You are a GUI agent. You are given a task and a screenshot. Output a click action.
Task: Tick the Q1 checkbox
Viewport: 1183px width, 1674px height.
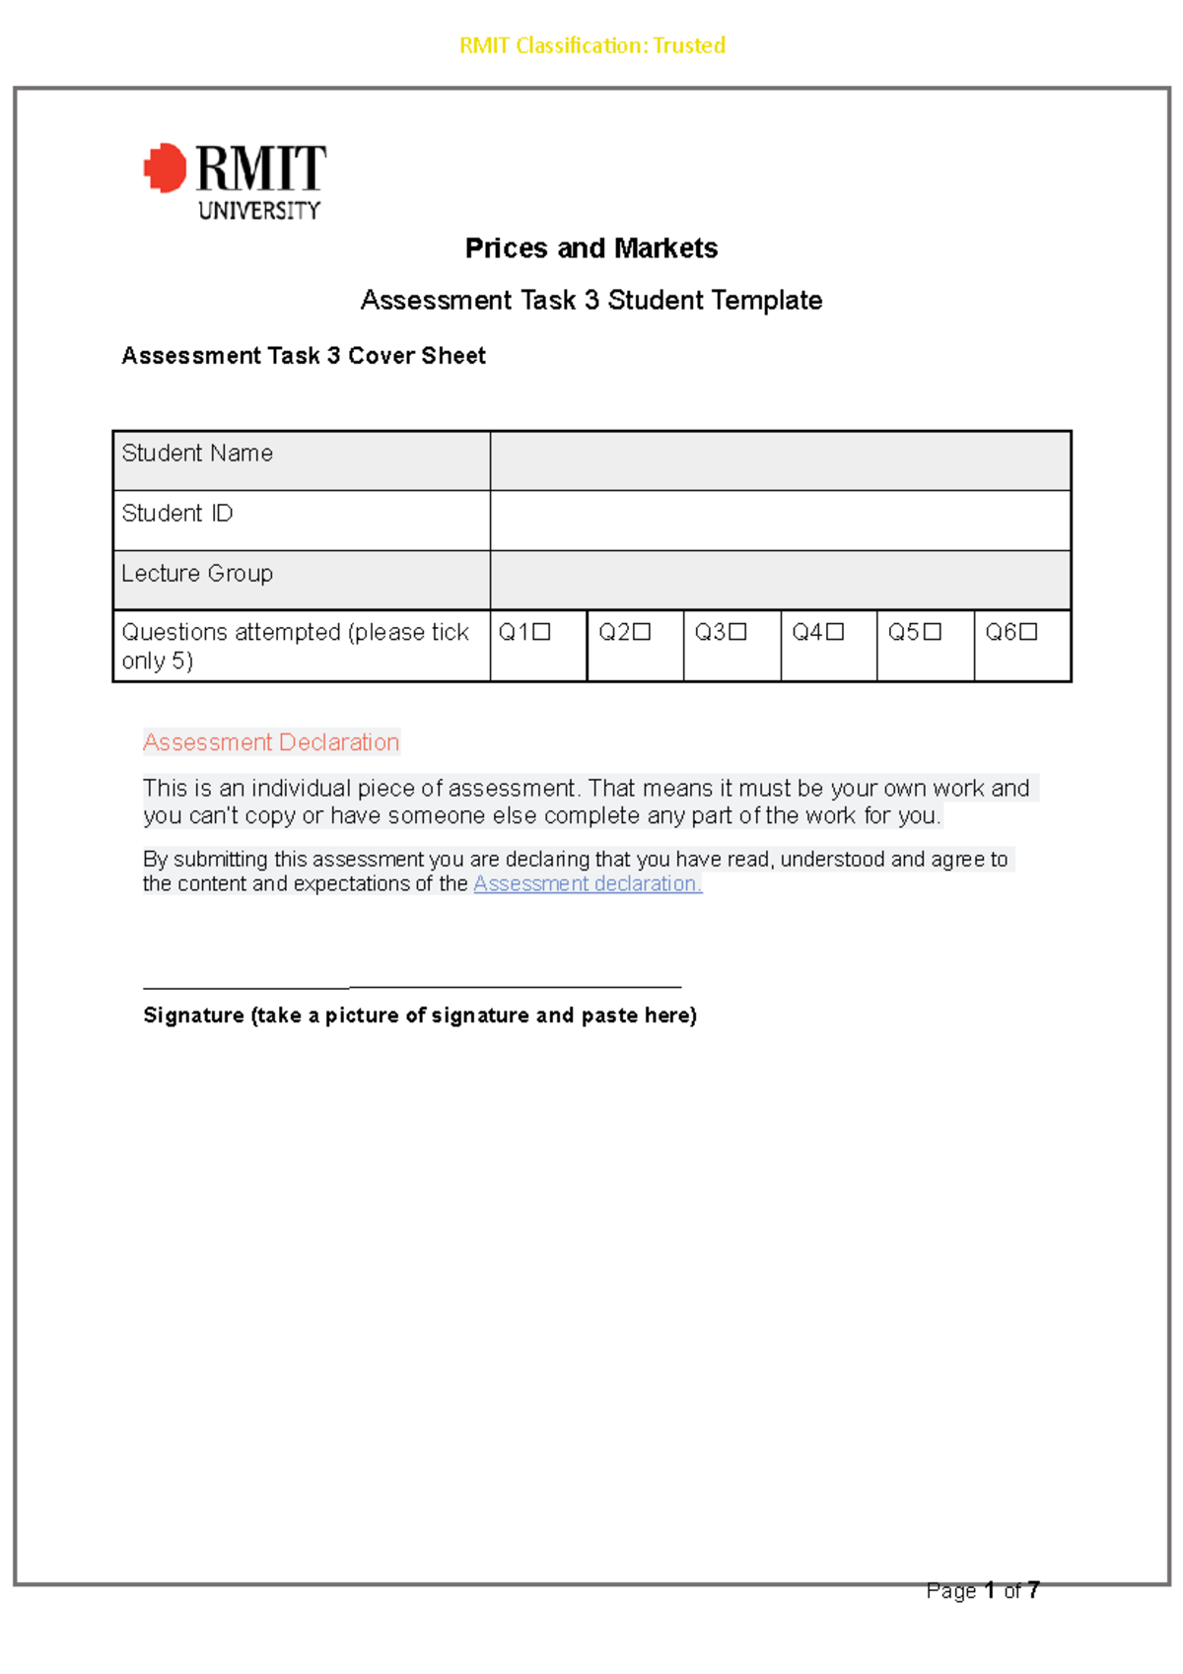541,632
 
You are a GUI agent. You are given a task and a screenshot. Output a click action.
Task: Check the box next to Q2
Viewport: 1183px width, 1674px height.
642,632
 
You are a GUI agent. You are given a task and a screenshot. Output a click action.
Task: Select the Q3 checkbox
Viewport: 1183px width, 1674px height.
737,632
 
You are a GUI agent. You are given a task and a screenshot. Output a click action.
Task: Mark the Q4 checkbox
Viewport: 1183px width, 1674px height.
835,632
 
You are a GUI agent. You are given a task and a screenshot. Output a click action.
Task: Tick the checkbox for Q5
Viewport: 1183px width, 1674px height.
932,632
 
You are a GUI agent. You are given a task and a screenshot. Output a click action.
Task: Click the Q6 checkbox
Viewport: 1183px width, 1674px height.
1028,632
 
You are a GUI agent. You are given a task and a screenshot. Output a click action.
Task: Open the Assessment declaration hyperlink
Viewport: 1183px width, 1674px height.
588,883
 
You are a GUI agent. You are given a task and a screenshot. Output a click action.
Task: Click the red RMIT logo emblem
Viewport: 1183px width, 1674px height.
165,168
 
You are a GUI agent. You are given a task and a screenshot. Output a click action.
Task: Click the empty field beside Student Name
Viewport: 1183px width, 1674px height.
780,460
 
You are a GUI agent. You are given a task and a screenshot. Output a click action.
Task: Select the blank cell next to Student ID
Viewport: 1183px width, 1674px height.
780,521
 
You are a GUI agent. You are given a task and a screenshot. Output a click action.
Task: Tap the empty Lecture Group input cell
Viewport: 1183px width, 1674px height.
780,580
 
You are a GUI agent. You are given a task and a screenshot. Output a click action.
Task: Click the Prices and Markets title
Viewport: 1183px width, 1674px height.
591,248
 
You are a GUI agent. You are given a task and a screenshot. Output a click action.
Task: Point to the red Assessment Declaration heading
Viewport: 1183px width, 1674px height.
271,742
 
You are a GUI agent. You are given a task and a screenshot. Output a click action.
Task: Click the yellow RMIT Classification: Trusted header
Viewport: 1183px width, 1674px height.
591,45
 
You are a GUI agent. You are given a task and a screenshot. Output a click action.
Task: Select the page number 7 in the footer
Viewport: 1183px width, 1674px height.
1032,1590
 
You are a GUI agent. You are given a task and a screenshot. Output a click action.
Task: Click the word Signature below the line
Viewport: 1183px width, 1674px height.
193,1015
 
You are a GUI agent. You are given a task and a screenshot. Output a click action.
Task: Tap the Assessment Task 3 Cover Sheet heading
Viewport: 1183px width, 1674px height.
304,356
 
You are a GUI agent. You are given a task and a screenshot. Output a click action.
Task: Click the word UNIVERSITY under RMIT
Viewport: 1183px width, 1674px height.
259,210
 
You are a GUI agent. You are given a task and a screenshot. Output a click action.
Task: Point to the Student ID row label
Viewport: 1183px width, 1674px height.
177,514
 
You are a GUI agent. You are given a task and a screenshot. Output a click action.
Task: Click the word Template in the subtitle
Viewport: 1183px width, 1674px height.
766,301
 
